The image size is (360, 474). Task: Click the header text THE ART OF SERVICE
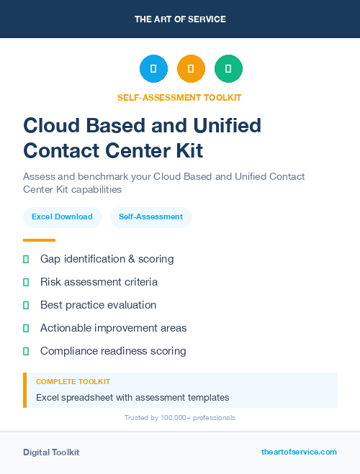coord(180,19)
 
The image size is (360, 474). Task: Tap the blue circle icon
coord(153,69)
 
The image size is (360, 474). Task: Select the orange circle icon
coord(191,69)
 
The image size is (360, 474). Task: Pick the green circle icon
coord(228,69)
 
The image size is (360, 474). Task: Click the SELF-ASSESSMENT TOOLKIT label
coord(180,97)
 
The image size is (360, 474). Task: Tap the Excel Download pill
coord(62,217)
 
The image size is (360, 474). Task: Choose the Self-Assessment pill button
coord(150,217)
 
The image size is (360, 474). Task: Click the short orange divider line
coord(39,240)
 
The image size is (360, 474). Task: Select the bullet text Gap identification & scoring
coord(107,259)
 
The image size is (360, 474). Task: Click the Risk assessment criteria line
coord(99,282)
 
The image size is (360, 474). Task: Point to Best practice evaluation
coord(98,305)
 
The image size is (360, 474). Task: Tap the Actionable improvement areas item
coord(113,328)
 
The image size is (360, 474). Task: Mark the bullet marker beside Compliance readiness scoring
coord(26,351)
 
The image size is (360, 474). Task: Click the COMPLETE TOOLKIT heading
coord(73,382)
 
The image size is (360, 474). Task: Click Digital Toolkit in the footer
coord(51,452)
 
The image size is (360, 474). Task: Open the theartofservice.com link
coord(299,452)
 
